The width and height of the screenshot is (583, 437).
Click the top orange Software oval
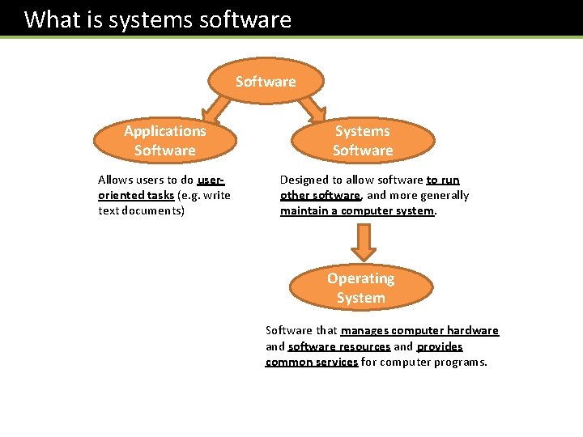266,81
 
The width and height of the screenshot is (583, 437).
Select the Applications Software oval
165,141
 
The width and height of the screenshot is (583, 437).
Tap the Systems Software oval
362,141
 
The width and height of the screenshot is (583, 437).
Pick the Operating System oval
360,288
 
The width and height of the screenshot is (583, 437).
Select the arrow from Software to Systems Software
313,108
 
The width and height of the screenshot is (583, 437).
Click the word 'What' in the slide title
53,19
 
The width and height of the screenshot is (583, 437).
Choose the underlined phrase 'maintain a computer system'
357,210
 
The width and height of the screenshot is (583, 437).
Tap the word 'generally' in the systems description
442,195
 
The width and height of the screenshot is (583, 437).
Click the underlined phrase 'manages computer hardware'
419,330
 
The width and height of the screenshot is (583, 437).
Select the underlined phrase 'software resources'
339,346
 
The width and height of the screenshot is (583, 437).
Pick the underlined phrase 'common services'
312,362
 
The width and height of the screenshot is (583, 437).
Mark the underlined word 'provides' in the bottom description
440,346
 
